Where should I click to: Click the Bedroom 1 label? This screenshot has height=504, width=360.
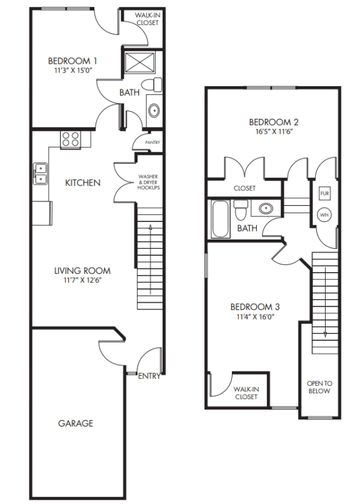(x=72, y=61)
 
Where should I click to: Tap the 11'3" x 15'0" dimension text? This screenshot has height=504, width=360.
(x=72, y=71)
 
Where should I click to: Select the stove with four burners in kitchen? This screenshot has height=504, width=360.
(x=70, y=139)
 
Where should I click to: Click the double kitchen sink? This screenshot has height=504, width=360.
(x=40, y=173)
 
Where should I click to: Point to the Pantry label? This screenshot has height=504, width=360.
(x=152, y=143)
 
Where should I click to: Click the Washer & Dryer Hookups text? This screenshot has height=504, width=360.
(x=149, y=183)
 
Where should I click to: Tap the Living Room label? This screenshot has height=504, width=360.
(x=82, y=271)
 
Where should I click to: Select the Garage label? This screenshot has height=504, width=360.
(x=76, y=423)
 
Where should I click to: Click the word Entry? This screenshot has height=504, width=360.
(x=149, y=376)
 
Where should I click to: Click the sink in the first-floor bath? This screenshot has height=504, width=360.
(x=154, y=111)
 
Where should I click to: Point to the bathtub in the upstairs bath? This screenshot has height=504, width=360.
(x=219, y=219)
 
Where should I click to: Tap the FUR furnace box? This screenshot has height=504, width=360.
(x=324, y=193)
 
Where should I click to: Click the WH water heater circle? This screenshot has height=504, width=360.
(x=324, y=215)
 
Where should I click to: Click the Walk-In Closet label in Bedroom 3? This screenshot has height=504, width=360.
(x=246, y=392)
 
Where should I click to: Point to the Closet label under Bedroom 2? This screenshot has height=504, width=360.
(x=244, y=188)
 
